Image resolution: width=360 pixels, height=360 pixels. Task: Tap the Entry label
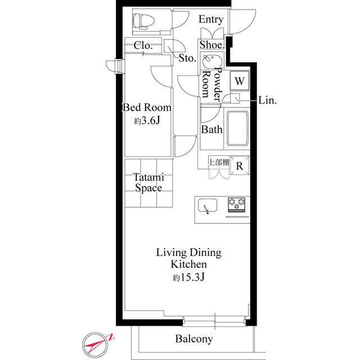coord(211,20)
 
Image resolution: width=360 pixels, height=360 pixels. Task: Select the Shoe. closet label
coord(212,44)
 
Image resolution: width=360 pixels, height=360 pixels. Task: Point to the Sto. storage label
coord(187,57)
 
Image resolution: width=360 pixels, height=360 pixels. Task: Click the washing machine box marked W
coord(239,81)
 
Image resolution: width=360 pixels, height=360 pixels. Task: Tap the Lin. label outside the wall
coord(267,100)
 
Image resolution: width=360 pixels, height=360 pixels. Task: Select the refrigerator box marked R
coord(240,165)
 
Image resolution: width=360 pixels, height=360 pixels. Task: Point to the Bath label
coord(212,130)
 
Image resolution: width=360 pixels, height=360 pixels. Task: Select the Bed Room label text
coord(147,107)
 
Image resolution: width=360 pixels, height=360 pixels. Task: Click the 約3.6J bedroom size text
coord(147,121)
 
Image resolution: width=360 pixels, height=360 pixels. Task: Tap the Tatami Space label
coord(148,183)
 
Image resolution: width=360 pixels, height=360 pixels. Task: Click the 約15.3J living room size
coord(188,277)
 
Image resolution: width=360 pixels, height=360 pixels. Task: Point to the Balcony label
coord(193,339)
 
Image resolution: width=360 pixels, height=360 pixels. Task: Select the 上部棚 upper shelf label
coord(219,163)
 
